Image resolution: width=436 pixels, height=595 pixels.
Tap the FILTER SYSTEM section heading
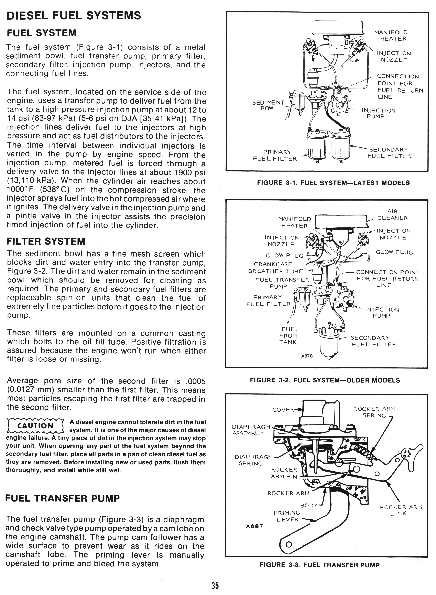(x=46, y=241)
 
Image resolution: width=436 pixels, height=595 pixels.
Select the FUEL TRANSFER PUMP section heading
(x=62, y=498)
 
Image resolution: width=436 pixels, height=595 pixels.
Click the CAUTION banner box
(x=35, y=426)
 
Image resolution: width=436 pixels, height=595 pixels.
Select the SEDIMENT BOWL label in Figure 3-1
(x=268, y=106)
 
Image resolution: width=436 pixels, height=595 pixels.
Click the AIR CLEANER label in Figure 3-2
(x=392, y=215)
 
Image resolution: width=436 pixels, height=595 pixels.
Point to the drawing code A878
(x=307, y=356)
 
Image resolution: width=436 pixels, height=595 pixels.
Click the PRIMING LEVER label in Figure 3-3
(x=287, y=516)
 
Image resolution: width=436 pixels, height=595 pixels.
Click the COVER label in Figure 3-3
(x=283, y=410)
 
